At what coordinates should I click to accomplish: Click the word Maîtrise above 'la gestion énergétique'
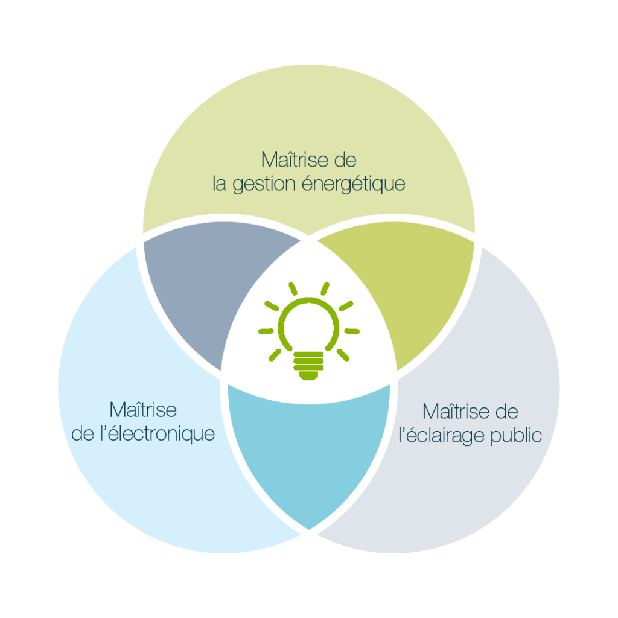click(x=288, y=161)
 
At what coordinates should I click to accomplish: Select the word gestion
click(x=262, y=183)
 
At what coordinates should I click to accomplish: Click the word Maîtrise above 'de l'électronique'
click(x=143, y=410)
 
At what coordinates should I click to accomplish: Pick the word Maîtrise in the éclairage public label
click(x=456, y=412)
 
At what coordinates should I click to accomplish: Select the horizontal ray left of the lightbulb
click(x=266, y=331)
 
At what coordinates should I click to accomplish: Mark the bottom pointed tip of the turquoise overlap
click(x=309, y=527)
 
